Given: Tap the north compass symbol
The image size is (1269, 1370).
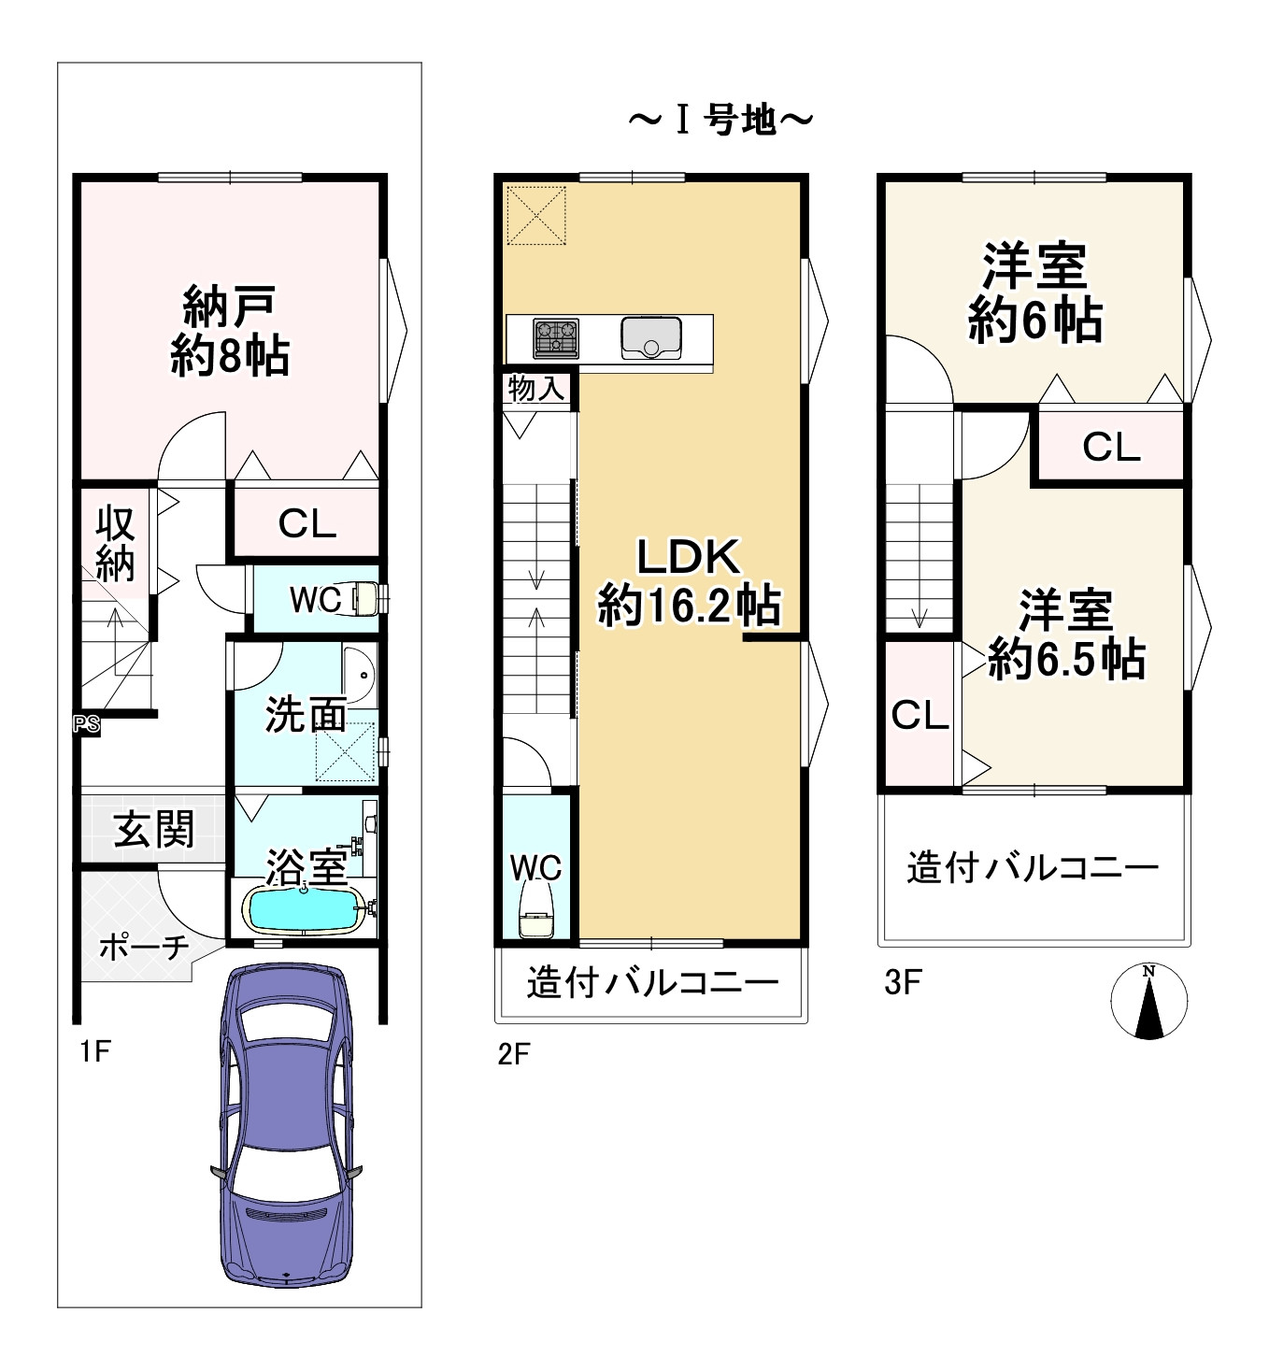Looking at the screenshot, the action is tap(1149, 1001).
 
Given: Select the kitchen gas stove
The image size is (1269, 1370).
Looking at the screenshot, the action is tap(555, 338).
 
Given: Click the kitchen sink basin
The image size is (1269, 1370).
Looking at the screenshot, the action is tap(651, 338).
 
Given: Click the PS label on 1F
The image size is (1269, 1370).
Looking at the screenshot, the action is tap(87, 724).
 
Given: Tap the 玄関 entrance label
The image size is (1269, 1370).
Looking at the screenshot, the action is tap(154, 829).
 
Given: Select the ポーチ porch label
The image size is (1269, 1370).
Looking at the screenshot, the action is tap(144, 948).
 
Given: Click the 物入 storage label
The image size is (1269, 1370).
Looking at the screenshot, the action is tap(536, 389).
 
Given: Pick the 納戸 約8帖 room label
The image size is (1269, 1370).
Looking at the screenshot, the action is tap(230, 331).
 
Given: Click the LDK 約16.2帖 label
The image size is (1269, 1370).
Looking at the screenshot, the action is tap(689, 583).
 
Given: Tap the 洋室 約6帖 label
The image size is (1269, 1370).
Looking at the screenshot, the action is tap(1035, 293).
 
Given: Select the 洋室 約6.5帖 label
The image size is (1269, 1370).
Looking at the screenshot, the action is tap(1066, 635).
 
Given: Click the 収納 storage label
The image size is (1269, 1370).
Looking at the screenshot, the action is tap(115, 543).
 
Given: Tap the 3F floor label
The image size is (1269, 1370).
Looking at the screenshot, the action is tap(903, 982).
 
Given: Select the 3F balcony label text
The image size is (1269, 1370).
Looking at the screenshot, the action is tap(1033, 868).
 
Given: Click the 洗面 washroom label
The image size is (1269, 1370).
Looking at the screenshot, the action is tap(307, 714).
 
